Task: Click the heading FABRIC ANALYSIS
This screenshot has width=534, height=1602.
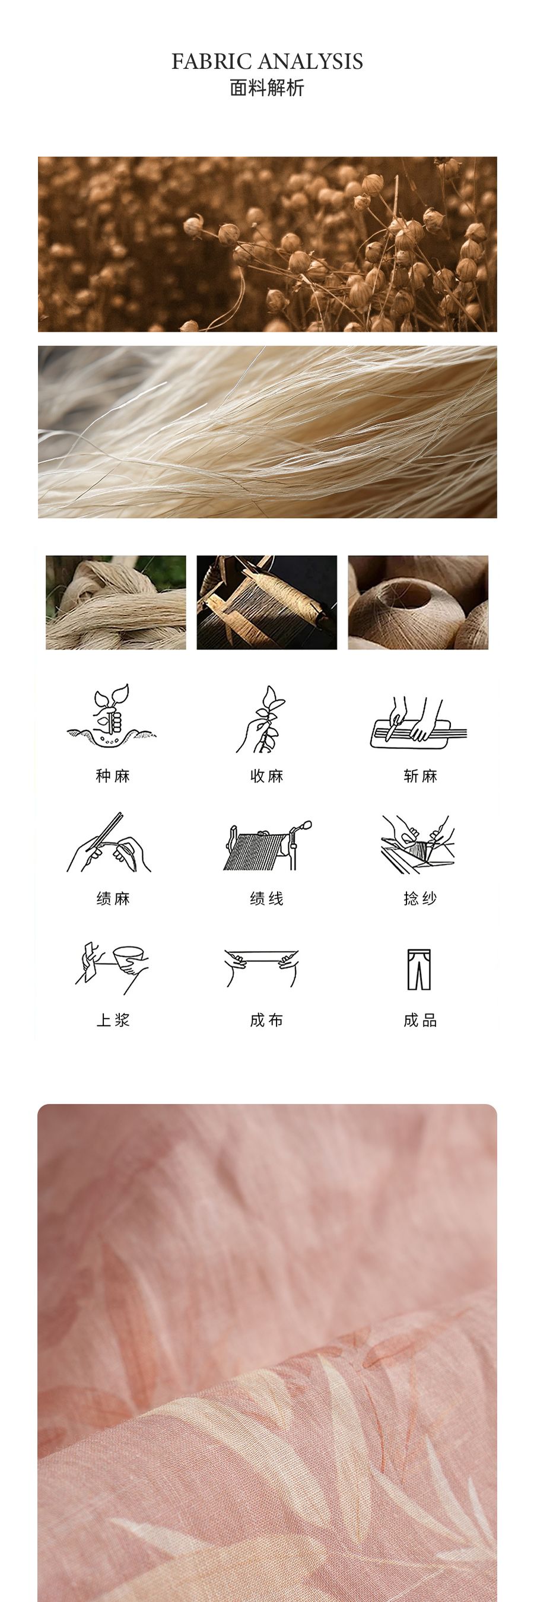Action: pos(268,61)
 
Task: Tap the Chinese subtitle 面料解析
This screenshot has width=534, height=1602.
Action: pos(268,88)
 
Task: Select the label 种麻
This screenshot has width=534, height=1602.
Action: pos(113,775)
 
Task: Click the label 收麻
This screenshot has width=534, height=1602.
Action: pos(266,775)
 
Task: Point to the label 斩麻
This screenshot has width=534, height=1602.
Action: pos(420,775)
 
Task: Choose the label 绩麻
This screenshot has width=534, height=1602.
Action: pos(113,898)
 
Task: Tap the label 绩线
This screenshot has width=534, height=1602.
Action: pos(266,898)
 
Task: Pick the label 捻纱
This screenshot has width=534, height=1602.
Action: pos(420,898)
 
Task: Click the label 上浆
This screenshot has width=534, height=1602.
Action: pos(113,1020)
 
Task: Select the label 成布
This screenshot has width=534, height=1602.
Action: pos(266,1020)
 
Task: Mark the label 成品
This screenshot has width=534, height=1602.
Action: pos(420,1020)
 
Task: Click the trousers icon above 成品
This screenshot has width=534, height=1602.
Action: pos(419,969)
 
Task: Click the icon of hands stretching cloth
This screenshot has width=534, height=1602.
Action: pos(262,968)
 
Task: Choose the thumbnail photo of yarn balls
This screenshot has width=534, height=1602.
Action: pos(418,602)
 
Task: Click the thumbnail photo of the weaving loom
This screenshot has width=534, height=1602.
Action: pos(266,602)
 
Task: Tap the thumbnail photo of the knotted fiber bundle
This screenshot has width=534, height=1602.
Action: pos(116,602)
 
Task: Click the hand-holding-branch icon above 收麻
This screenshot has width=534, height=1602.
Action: pos(261,719)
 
